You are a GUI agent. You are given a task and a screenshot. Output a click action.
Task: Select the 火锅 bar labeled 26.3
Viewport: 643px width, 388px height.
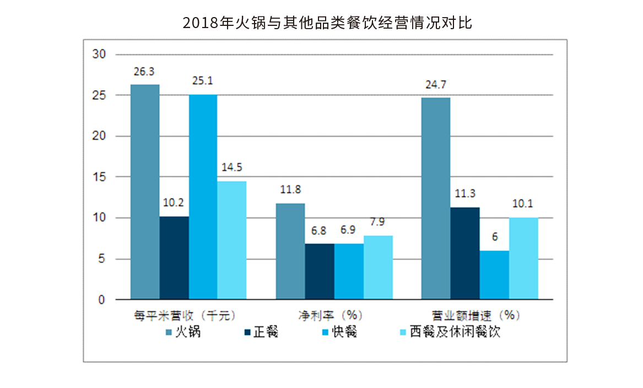145,192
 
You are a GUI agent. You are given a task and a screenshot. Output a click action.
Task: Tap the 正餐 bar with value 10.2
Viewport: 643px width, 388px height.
174,258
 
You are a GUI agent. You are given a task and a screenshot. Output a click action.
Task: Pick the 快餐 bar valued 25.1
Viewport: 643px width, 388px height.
203,197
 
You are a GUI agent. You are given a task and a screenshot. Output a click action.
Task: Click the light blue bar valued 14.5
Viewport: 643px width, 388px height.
232,241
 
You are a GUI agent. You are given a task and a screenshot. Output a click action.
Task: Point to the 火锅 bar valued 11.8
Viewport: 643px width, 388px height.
290,252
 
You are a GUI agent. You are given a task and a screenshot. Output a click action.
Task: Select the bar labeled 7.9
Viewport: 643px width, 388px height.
378,267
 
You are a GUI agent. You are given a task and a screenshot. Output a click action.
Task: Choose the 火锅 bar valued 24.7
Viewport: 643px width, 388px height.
436,199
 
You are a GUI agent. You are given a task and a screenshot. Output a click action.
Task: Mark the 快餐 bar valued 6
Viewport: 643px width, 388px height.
494,275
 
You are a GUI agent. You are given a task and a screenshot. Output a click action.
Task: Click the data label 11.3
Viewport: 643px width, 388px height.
465,194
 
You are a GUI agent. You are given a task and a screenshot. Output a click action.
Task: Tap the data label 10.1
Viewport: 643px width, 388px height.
523,204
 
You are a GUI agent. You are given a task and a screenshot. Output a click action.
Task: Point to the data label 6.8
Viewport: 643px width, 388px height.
320,230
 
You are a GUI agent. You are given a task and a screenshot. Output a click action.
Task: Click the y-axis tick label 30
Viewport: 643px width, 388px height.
99,54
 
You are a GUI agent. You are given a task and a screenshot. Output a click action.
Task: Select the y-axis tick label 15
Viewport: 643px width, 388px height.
99,177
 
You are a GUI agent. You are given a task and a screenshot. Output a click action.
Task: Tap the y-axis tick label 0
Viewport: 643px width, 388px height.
101,300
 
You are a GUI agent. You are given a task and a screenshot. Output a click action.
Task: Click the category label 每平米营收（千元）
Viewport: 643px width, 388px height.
185,315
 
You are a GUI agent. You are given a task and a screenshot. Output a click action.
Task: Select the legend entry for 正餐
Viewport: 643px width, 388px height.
261,332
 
